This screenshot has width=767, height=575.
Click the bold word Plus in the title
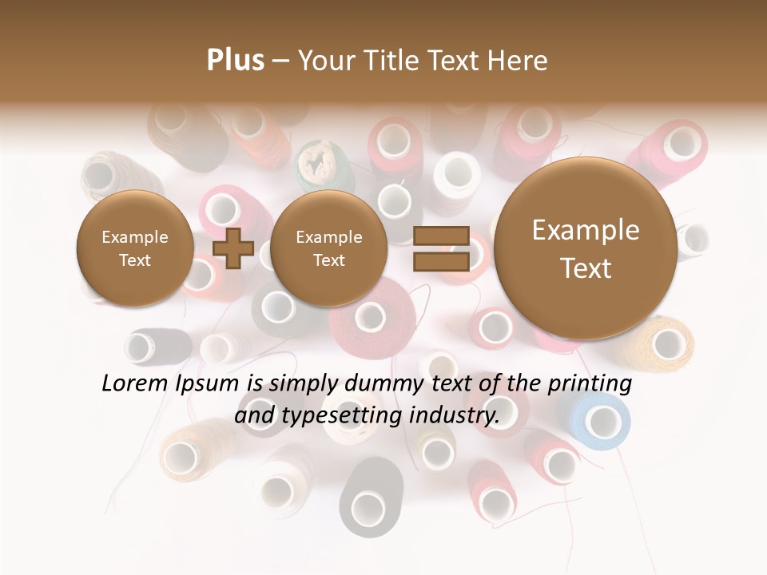[x=235, y=61]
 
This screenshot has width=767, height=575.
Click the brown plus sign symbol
[x=232, y=248]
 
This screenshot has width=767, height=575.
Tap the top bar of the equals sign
[x=440, y=236]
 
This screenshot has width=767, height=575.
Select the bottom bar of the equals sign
[x=440, y=262]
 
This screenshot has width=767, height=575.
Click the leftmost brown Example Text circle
[x=134, y=248]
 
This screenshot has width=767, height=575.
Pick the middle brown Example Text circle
[x=328, y=248]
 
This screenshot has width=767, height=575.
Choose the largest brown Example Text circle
[x=586, y=248]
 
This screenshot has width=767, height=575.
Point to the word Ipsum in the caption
[x=207, y=384]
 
